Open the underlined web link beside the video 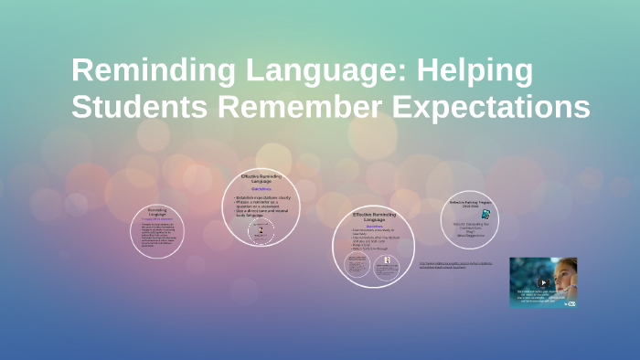pos(454,265)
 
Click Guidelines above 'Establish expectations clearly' pos(261,189)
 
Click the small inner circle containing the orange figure pos(388,266)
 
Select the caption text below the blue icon pos(471,228)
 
